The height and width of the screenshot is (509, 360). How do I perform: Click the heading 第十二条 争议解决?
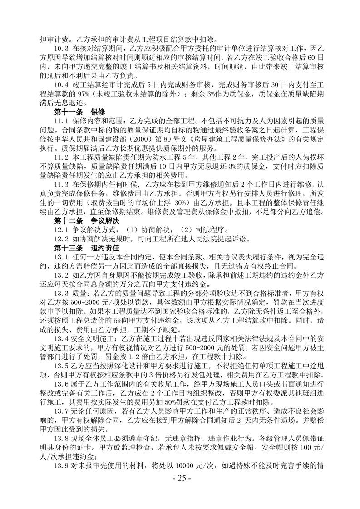(x=86, y=221)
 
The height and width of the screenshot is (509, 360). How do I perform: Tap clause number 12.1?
(x=61, y=230)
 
